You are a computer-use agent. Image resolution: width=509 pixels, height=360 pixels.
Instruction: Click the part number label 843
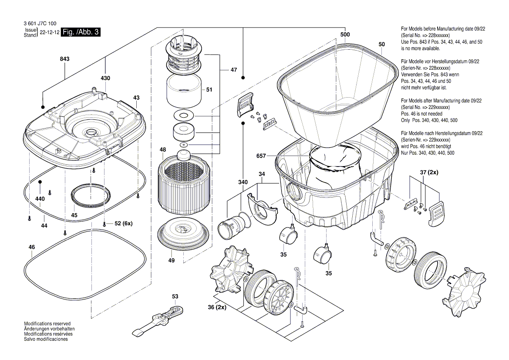pos(64,58)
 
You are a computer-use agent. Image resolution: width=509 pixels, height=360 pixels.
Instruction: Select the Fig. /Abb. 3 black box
pos(81,33)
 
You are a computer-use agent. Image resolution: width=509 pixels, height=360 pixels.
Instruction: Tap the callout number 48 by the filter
pos(162,150)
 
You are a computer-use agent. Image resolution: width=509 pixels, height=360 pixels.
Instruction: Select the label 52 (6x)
pos(123,224)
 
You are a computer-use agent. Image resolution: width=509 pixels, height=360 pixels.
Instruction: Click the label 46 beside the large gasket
pos(32,247)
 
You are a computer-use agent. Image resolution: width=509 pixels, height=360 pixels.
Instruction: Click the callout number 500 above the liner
pos(345,34)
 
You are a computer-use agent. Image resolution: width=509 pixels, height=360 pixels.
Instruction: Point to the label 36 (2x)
pos(216,307)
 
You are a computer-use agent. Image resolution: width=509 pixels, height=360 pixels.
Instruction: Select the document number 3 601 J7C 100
pos(38,23)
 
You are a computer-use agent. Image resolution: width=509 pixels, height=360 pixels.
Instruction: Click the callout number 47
pos(234,70)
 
